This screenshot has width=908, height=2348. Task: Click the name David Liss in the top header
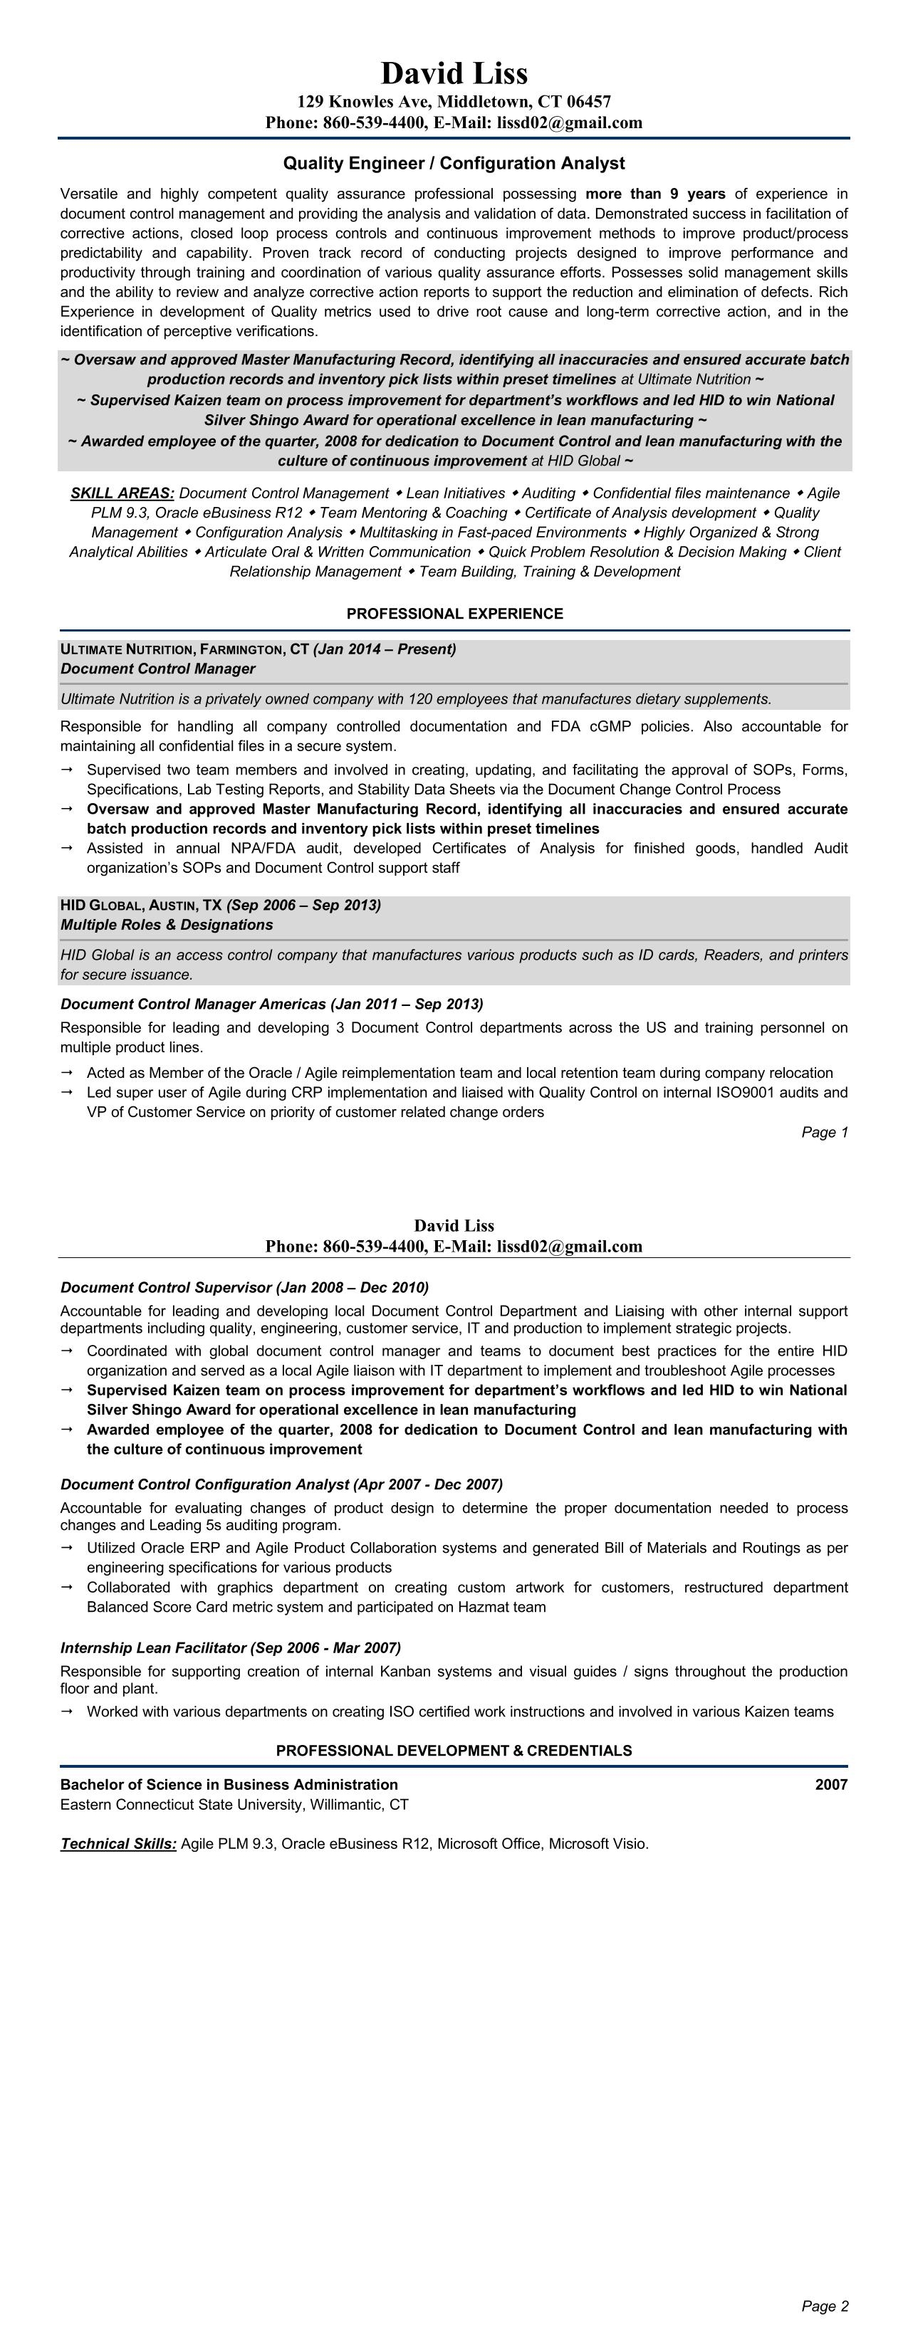pos(454,73)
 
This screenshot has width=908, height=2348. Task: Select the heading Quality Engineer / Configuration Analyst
pos(454,163)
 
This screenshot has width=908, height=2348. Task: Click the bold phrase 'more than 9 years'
pos(655,193)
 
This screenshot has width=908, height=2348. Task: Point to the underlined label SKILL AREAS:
pos(123,493)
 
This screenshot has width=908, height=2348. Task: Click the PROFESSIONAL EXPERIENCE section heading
pos(454,614)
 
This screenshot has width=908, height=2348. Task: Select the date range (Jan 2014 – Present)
pos(385,649)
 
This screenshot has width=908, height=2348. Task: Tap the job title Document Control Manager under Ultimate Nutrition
pos(157,669)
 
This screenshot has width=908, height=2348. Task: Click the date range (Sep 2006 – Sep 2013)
pos(303,905)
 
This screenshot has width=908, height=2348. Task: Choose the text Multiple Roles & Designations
pos(167,925)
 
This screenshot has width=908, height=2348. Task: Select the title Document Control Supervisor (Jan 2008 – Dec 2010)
pos(244,1287)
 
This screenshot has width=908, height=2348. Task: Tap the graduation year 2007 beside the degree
pos(830,1785)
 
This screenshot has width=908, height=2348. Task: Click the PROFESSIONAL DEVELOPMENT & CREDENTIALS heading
pos(454,1750)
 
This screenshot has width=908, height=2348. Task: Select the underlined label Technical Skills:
pos(118,1844)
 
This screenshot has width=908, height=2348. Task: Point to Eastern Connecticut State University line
pos(234,1805)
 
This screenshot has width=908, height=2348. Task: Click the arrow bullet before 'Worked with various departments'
pos(66,1711)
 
